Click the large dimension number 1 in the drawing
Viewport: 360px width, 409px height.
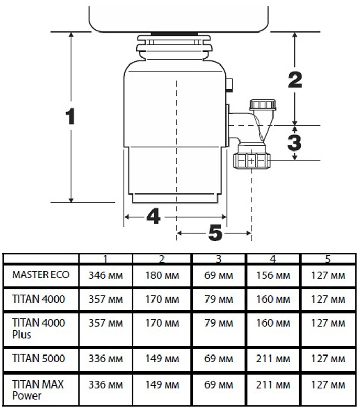(x=70, y=116)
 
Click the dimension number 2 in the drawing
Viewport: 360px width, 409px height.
(x=295, y=79)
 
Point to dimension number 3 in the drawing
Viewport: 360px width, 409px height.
(x=295, y=142)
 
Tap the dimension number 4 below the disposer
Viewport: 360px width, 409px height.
(x=152, y=216)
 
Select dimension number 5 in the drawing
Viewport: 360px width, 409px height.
(x=215, y=232)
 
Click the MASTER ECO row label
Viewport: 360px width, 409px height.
(x=40, y=275)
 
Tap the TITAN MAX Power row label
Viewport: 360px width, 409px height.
(x=38, y=389)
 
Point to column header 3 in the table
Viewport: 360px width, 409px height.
(x=219, y=259)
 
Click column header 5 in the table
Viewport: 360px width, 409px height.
(x=328, y=259)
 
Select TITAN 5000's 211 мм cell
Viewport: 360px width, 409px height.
(x=272, y=359)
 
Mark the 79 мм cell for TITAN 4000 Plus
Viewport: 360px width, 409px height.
(x=219, y=324)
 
